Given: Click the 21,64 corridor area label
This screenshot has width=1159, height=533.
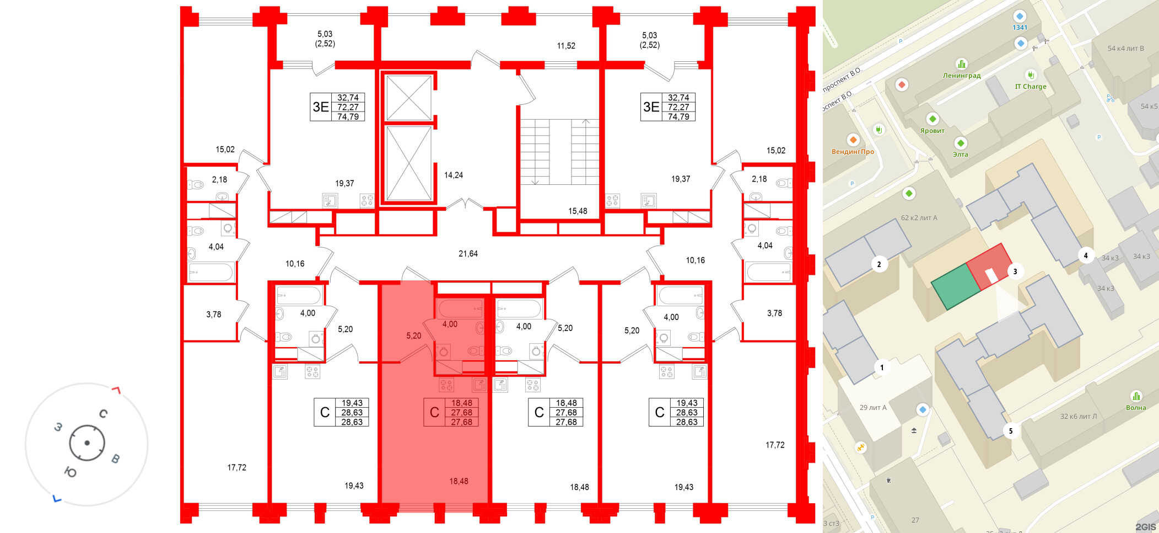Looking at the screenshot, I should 468,254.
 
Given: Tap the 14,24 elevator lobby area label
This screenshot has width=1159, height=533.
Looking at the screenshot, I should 453,175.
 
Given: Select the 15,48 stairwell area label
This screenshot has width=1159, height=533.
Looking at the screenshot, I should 578,211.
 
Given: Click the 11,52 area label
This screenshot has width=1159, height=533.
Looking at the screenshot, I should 566,46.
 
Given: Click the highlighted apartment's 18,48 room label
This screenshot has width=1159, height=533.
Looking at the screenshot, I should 459,481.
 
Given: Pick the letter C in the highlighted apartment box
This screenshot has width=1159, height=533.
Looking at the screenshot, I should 434,413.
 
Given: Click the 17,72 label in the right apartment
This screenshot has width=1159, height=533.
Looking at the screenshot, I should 775,445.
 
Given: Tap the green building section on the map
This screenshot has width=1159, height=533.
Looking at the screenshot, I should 956,286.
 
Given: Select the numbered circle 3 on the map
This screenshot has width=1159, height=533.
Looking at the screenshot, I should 1015,271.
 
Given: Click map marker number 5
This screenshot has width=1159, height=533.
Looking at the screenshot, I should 1010,431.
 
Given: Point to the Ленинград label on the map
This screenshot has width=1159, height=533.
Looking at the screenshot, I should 962,76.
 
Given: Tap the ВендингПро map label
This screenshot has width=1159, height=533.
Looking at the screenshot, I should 853,152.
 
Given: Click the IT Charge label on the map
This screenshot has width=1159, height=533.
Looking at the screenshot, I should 1031,87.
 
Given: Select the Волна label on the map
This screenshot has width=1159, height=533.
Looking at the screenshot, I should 1136,408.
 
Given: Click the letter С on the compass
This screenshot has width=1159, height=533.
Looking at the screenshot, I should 103,413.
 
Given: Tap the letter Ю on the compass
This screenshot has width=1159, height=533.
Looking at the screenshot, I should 71,472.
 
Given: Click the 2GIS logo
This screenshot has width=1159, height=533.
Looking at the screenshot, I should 1145,527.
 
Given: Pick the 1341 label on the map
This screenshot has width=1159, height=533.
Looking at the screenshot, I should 1020,28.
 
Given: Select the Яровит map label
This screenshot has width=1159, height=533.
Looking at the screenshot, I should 932,131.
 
